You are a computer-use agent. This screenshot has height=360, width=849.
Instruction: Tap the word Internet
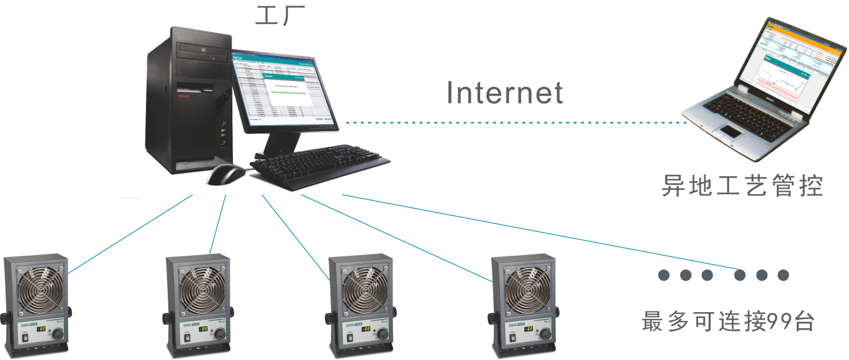(x=504, y=93)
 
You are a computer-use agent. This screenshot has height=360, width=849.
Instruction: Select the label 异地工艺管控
(x=742, y=186)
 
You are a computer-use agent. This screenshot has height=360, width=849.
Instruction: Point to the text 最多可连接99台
(x=727, y=322)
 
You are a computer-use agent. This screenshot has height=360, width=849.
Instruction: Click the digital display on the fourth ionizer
(x=529, y=328)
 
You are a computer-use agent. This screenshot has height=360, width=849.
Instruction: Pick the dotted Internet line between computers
(x=515, y=122)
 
